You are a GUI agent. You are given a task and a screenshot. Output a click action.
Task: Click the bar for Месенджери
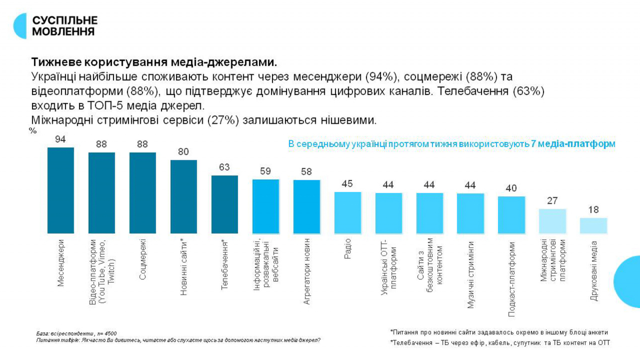click(x=61, y=190)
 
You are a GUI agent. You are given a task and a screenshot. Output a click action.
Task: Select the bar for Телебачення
click(x=225, y=204)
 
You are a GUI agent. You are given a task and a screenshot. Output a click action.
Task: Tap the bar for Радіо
click(x=348, y=213)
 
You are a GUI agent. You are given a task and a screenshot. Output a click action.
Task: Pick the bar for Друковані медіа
click(x=594, y=226)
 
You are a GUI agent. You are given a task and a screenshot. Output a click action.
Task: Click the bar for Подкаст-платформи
click(x=511, y=215)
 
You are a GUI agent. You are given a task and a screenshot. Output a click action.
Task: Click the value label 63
click(x=225, y=167)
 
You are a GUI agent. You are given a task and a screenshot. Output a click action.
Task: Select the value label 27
click(x=553, y=201)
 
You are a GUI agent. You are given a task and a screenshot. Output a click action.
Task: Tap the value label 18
click(x=594, y=210)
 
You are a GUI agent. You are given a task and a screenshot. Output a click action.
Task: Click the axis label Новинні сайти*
click(x=183, y=267)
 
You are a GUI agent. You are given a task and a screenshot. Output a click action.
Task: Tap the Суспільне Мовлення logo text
click(x=64, y=26)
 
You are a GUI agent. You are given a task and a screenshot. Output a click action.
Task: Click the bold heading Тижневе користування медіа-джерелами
click(x=155, y=60)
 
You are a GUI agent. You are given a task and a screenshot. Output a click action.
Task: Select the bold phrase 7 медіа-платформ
click(x=573, y=144)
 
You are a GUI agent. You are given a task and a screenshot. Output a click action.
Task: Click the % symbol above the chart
click(x=33, y=131)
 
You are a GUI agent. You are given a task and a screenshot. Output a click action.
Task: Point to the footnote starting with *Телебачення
click(x=500, y=343)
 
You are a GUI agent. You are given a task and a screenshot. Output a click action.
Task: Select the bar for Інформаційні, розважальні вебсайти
click(x=266, y=206)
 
